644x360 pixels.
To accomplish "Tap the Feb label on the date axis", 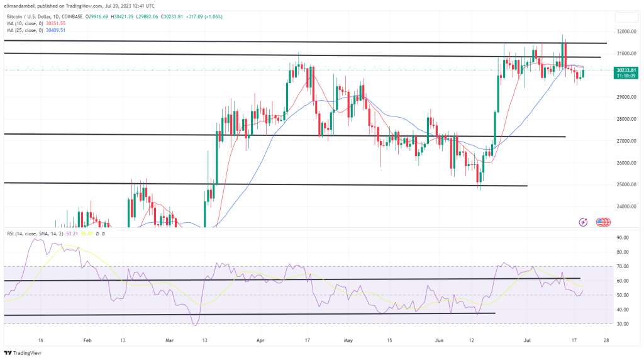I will tap(87, 339).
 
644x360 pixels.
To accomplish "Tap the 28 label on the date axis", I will tap(605, 339).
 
